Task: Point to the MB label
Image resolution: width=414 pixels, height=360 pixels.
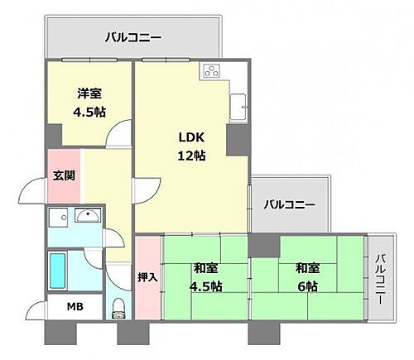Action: pyautogui.click(x=75, y=307)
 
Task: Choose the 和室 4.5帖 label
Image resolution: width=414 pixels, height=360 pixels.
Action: pyautogui.click(x=207, y=277)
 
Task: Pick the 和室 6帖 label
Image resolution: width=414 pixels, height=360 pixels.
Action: pyautogui.click(x=306, y=277)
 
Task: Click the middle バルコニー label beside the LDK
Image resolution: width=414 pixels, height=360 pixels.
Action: pyautogui.click(x=290, y=204)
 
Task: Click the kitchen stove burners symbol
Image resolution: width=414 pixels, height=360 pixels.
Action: pyautogui.click(x=211, y=71)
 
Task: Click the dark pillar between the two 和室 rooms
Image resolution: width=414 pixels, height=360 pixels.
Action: pyautogui.click(x=263, y=245)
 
